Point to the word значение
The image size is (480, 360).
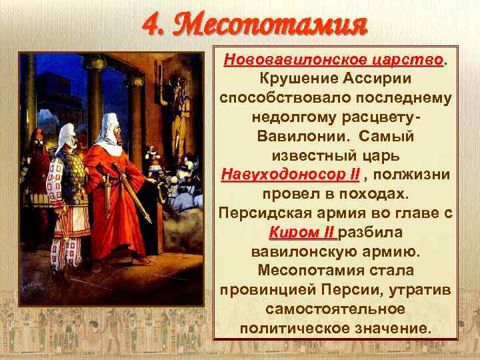click(x=395, y=329)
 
